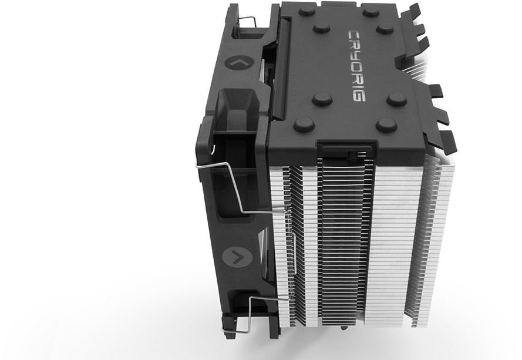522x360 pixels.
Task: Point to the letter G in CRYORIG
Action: tap(357, 96)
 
